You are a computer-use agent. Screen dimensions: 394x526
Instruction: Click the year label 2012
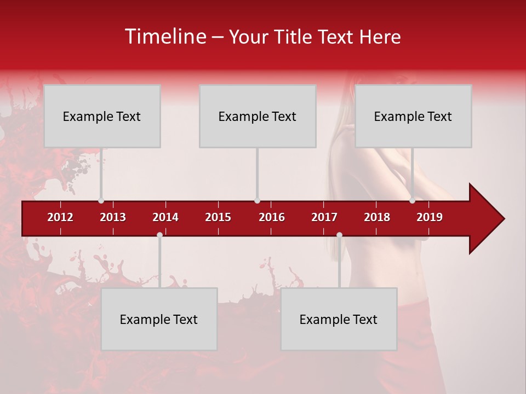pos(60,217)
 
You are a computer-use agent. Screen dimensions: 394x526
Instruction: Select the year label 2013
pos(113,217)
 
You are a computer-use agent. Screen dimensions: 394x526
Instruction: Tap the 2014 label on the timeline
pos(165,217)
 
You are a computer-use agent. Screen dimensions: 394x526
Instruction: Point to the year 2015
pos(218,217)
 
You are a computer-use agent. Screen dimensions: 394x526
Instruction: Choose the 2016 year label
pos(272,217)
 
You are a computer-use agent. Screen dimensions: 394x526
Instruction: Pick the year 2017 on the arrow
pos(324,217)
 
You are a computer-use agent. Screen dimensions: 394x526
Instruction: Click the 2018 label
pos(377,217)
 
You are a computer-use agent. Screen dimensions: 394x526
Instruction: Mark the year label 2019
pos(430,217)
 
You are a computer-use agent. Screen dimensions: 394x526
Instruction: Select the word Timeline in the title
pos(165,37)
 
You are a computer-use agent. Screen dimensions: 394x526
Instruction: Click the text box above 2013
pos(102,116)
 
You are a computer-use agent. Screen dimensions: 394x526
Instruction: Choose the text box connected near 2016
pos(258,116)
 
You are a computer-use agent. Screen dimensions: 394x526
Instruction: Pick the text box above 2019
pos(413,116)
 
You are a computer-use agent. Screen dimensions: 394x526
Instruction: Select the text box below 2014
pos(159,319)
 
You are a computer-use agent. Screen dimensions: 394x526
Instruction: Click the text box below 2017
pos(339,319)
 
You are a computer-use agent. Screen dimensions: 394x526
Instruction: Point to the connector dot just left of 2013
pos(101,201)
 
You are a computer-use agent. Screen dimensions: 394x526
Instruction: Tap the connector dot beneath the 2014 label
pos(159,235)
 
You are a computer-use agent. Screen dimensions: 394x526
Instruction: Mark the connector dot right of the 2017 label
pos(339,235)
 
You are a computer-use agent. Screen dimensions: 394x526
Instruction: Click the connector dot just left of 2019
pos(412,201)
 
